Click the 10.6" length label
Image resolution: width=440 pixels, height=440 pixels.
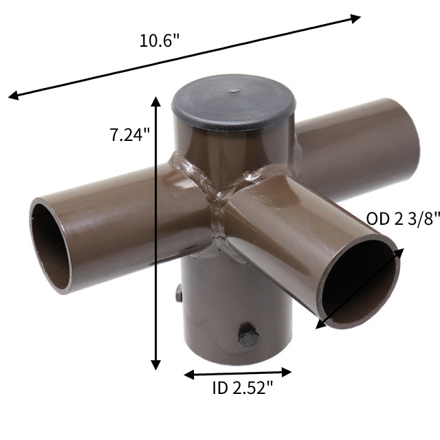coord(159,40)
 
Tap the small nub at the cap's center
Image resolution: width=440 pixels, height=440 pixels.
coord(234,90)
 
